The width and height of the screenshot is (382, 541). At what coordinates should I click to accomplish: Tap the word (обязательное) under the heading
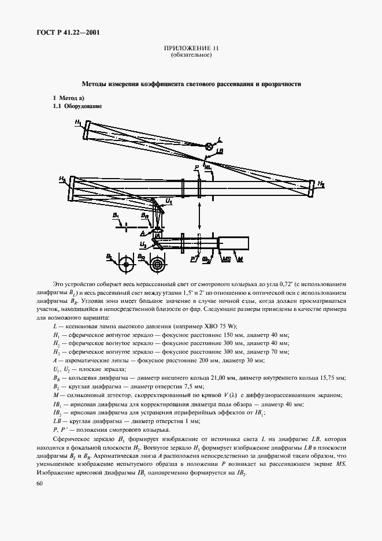(x=191, y=55)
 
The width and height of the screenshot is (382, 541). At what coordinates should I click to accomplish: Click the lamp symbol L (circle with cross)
(x=209, y=146)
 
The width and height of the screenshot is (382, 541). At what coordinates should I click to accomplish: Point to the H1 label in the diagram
(x=78, y=122)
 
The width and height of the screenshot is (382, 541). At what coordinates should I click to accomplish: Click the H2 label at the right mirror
(x=321, y=185)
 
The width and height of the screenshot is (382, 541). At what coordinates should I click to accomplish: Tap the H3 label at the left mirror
(x=62, y=180)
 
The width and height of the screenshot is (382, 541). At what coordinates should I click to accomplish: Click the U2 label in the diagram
(x=142, y=244)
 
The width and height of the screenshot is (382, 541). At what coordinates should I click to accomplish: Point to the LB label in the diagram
(x=219, y=151)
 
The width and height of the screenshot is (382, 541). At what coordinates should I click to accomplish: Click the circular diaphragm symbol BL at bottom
(x=125, y=266)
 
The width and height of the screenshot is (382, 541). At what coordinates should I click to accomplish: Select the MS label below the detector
(x=225, y=260)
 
